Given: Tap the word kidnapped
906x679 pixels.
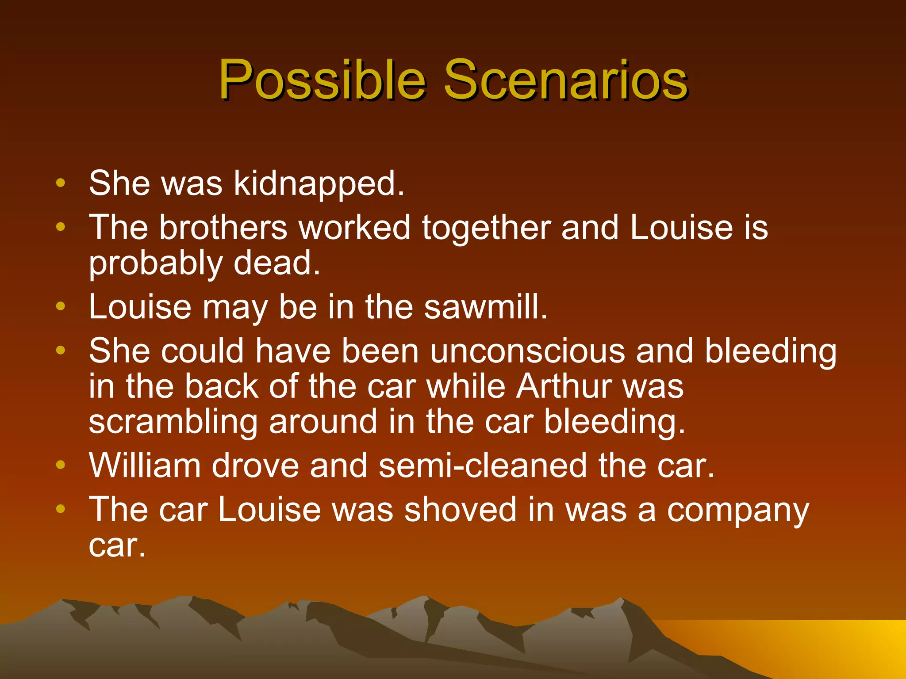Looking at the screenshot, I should point(319,183).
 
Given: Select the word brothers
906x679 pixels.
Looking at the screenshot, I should point(223,228).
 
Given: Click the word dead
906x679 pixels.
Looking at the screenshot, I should point(276,263).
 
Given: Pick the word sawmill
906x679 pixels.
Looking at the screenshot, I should point(486,307).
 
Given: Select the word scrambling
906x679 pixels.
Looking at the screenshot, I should point(173,422).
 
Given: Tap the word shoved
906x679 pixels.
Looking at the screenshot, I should point(461,510).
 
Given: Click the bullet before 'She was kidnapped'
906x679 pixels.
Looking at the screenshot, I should point(61,183).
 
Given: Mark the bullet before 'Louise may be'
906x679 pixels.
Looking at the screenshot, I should point(61,306).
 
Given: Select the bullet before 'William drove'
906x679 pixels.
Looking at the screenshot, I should point(61,465).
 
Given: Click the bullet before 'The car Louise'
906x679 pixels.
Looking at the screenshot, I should point(61,509).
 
